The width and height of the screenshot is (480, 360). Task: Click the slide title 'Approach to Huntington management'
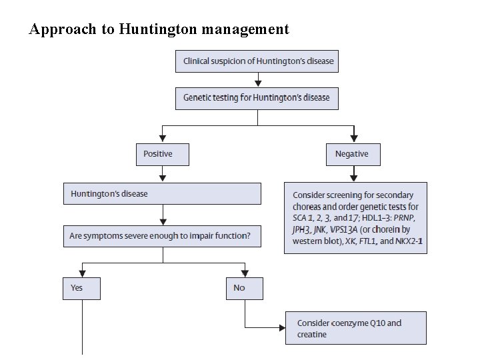pyautogui.click(x=159, y=29)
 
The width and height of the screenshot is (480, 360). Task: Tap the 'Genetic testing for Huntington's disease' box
pyautogui.click(x=257, y=98)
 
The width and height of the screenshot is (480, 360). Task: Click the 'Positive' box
pyautogui.click(x=163, y=154)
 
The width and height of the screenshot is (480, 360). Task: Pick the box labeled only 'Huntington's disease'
pyautogui.click(x=163, y=194)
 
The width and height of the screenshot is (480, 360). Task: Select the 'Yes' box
pyautogui.click(x=82, y=288)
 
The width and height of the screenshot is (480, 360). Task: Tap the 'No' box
pyautogui.click(x=244, y=288)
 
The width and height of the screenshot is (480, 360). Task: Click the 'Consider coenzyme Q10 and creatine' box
pyautogui.click(x=356, y=328)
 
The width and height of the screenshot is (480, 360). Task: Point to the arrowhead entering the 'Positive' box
pyautogui.click(x=163, y=139)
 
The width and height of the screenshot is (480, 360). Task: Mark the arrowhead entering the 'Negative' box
pyautogui.click(x=355, y=139)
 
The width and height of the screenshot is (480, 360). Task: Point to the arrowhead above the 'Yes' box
pyautogui.click(x=82, y=273)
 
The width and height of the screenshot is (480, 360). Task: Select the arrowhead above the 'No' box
pyautogui.click(x=245, y=273)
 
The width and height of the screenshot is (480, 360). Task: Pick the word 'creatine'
pyautogui.click(x=312, y=335)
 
